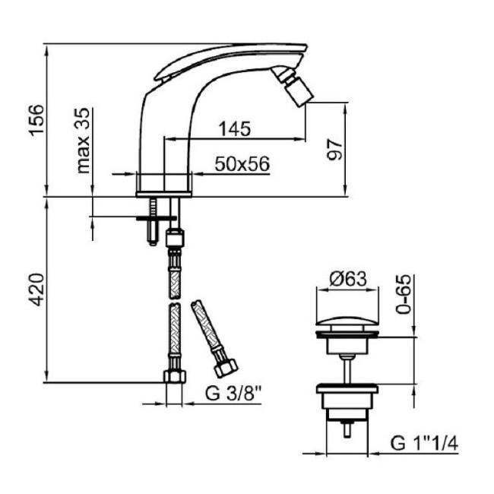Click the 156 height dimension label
37,120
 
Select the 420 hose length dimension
37,290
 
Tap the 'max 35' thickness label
83,141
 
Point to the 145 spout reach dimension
235,128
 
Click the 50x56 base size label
242,164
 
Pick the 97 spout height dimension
334,150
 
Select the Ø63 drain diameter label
348,279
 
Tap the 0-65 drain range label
404,294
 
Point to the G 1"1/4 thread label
424,443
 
